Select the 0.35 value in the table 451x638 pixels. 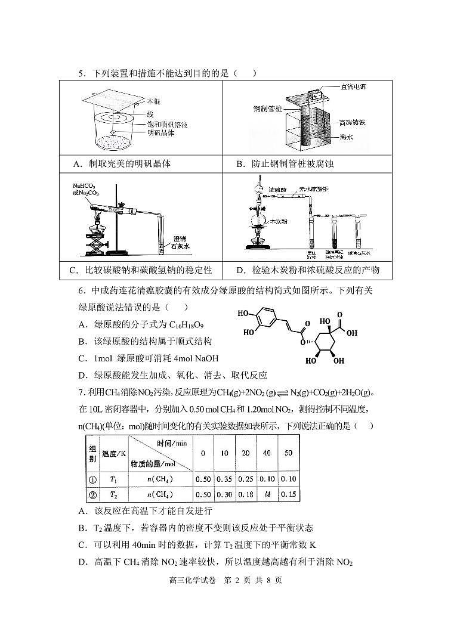point(224,479)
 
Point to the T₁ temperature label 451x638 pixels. point(113,479)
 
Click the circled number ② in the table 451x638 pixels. point(92,494)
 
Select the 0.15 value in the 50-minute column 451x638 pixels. point(288,494)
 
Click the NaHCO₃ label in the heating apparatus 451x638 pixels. point(85,185)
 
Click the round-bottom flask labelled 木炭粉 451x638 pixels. point(258,221)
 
